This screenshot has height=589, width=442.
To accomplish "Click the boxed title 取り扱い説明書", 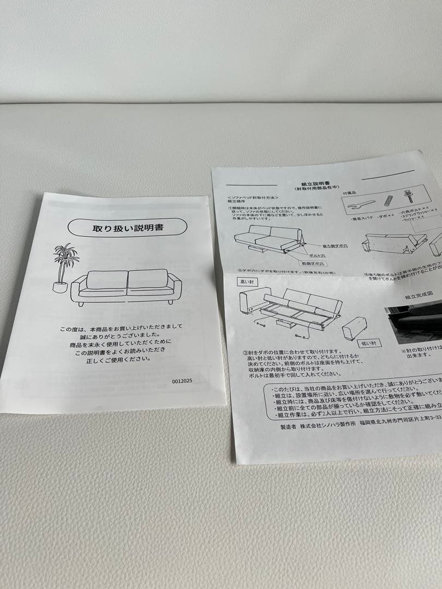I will click(x=127, y=227).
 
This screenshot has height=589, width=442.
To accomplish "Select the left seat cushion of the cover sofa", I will click(x=107, y=280).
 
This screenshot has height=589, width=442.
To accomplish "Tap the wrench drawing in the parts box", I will click(x=361, y=205).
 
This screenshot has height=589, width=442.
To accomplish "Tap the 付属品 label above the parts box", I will click(x=350, y=192).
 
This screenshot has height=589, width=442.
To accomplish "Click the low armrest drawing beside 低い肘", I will click(x=355, y=327).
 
